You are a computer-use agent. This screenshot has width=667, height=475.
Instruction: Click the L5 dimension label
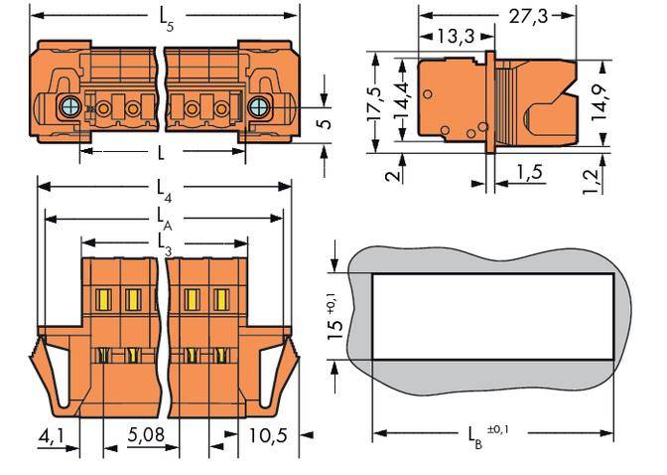pos(166,18)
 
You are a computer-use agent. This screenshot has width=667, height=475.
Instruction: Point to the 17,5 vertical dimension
pos(373,104)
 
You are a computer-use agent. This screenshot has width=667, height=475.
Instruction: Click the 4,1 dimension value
pos(55,434)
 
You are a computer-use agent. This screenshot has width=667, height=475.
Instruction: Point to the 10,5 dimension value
pos(263,434)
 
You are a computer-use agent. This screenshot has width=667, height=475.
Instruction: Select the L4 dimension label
pos(166,187)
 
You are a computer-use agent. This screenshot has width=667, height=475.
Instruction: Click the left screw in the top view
pos(69,106)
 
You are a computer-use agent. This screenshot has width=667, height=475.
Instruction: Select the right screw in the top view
pos(259,106)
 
